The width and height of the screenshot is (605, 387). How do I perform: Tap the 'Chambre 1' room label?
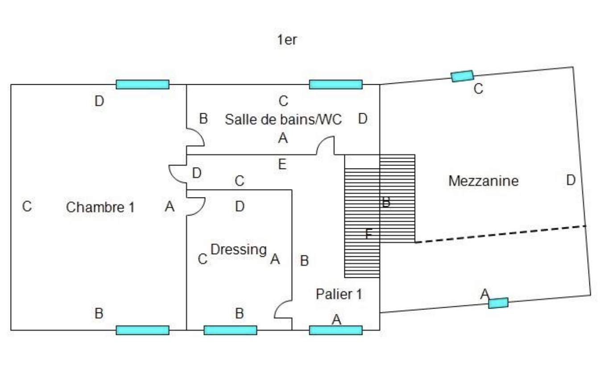tap(100, 207)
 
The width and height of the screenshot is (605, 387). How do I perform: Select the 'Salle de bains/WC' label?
tap(283, 119)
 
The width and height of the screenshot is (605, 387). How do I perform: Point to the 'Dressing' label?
tap(238, 250)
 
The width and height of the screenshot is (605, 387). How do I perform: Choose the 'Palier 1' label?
tap(339, 294)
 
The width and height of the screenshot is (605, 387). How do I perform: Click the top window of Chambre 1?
tap(142, 84)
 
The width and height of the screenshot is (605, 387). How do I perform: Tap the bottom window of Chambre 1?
tap(142, 330)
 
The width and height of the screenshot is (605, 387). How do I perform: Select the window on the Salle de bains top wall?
tap(336, 84)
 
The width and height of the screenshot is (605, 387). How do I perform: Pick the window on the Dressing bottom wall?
tap(230, 330)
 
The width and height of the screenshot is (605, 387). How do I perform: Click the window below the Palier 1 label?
tap(336, 330)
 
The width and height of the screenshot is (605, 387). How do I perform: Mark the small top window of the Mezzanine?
tap(462, 76)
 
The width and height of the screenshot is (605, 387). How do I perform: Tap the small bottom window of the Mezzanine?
tap(498, 303)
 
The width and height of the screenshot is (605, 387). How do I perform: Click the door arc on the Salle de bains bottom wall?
tap(325, 146)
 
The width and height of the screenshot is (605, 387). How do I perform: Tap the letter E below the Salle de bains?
tap(282, 165)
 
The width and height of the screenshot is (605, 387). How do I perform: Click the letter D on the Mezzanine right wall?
tap(571, 181)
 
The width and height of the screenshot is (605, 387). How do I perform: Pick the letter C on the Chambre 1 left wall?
tap(27, 206)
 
